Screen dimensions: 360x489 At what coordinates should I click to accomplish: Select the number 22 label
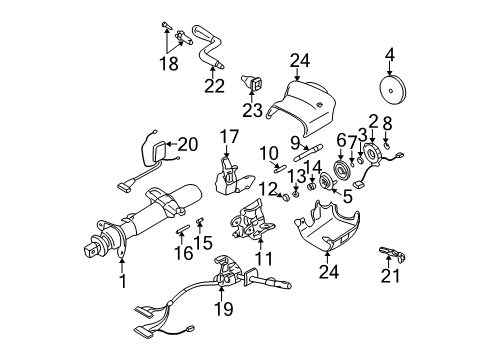tap(212, 84)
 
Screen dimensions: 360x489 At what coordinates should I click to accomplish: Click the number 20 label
tap(188, 144)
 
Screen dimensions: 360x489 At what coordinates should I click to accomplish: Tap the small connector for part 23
tap(255, 83)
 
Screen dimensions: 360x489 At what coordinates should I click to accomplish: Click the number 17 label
tap(229, 136)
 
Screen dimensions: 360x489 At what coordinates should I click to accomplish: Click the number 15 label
tap(205, 241)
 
